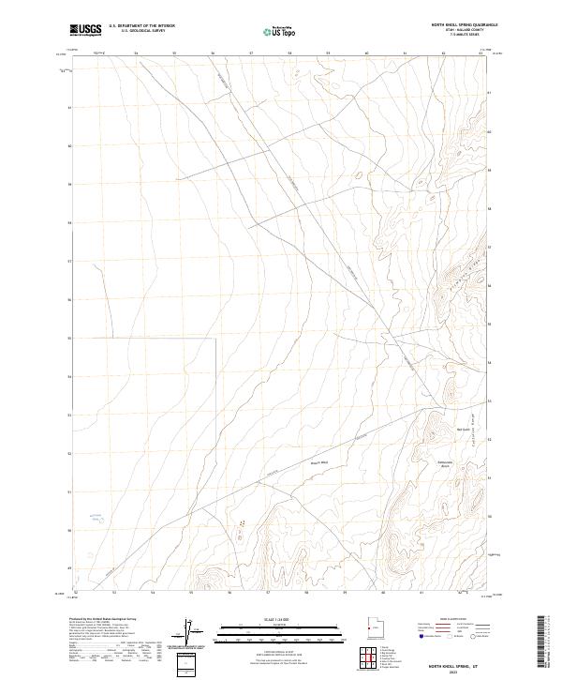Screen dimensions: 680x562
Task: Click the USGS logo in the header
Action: pyautogui.click(x=85, y=30)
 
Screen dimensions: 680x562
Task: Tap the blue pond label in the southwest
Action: pyautogui.click(x=95, y=515)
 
